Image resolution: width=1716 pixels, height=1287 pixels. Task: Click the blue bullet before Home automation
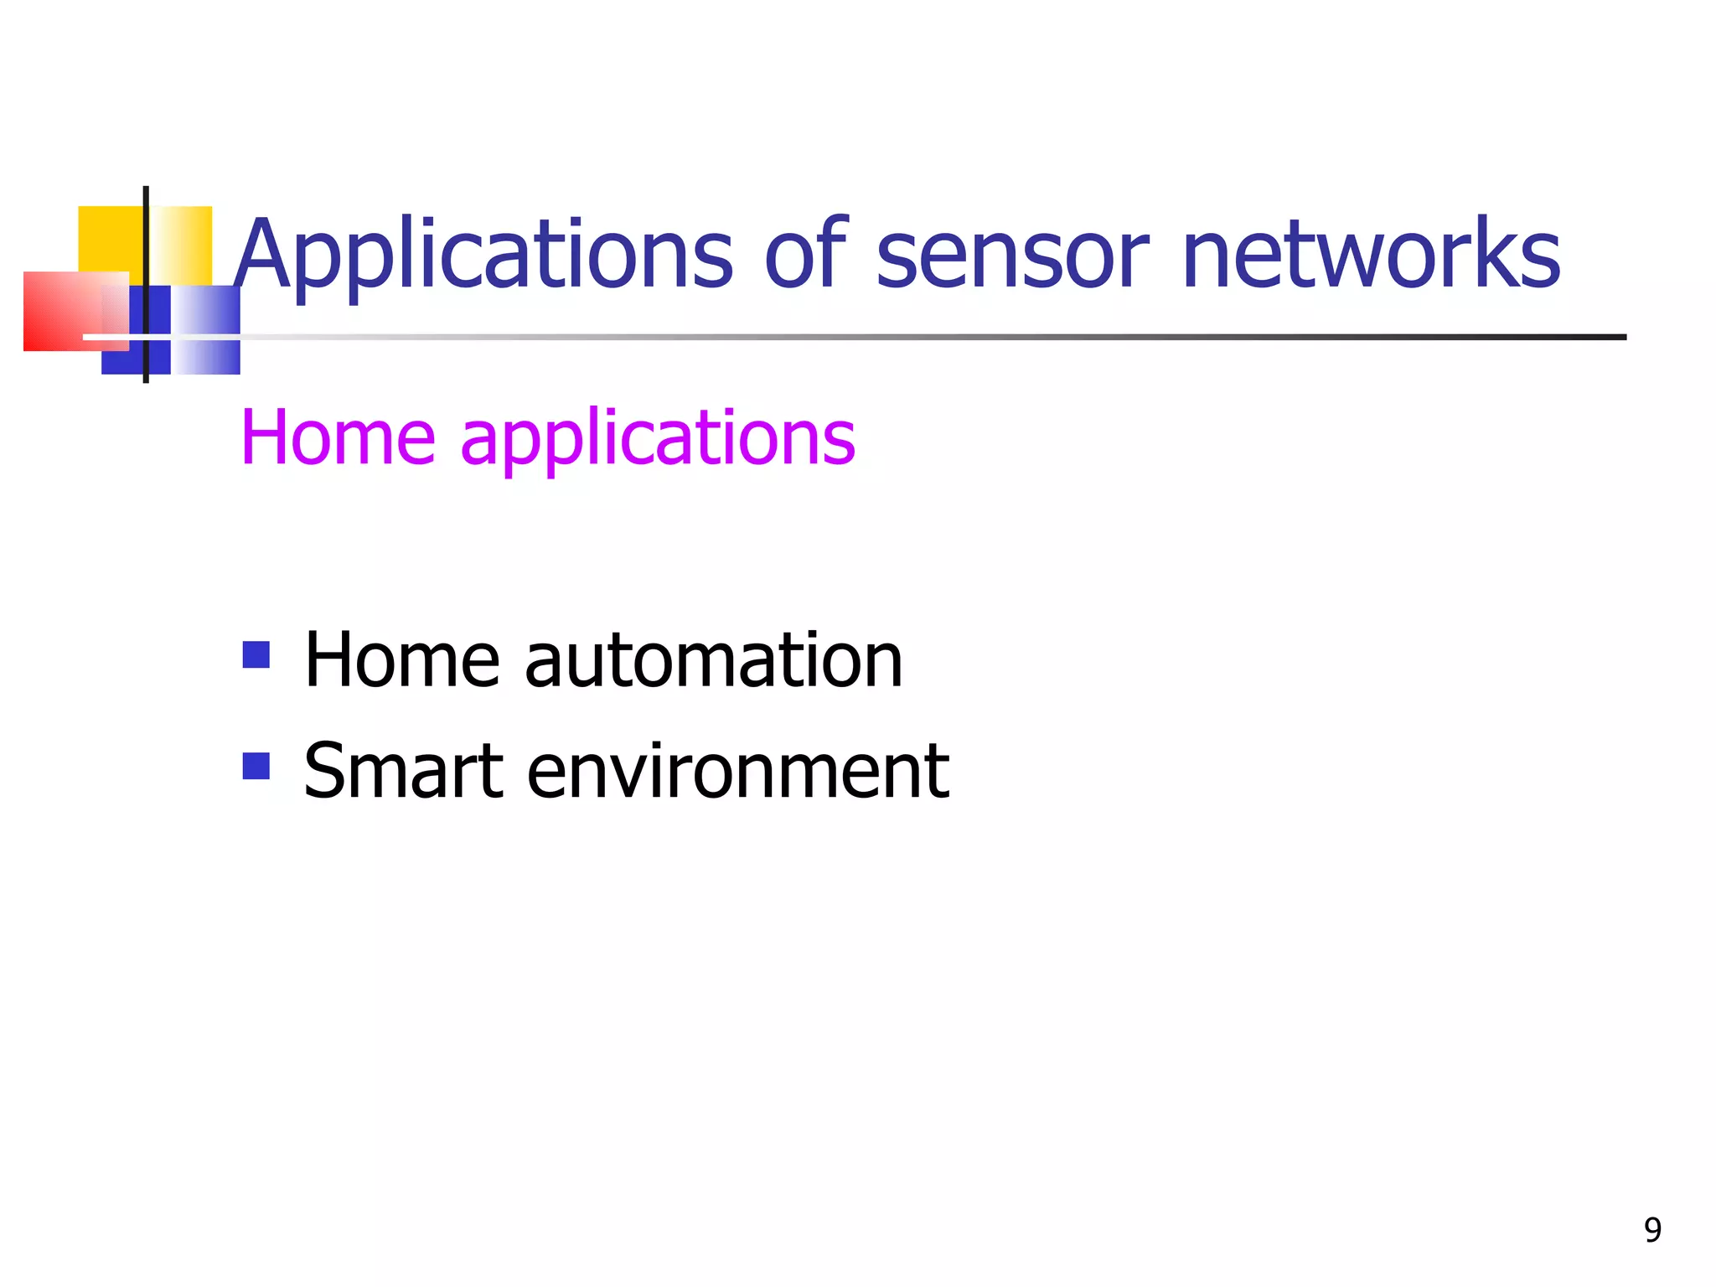pyautogui.click(x=256, y=654)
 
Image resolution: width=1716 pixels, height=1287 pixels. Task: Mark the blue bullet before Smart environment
pyautogui.click(x=256, y=765)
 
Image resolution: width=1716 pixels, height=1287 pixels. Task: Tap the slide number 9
pyautogui.click(x=1652, y=1230)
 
